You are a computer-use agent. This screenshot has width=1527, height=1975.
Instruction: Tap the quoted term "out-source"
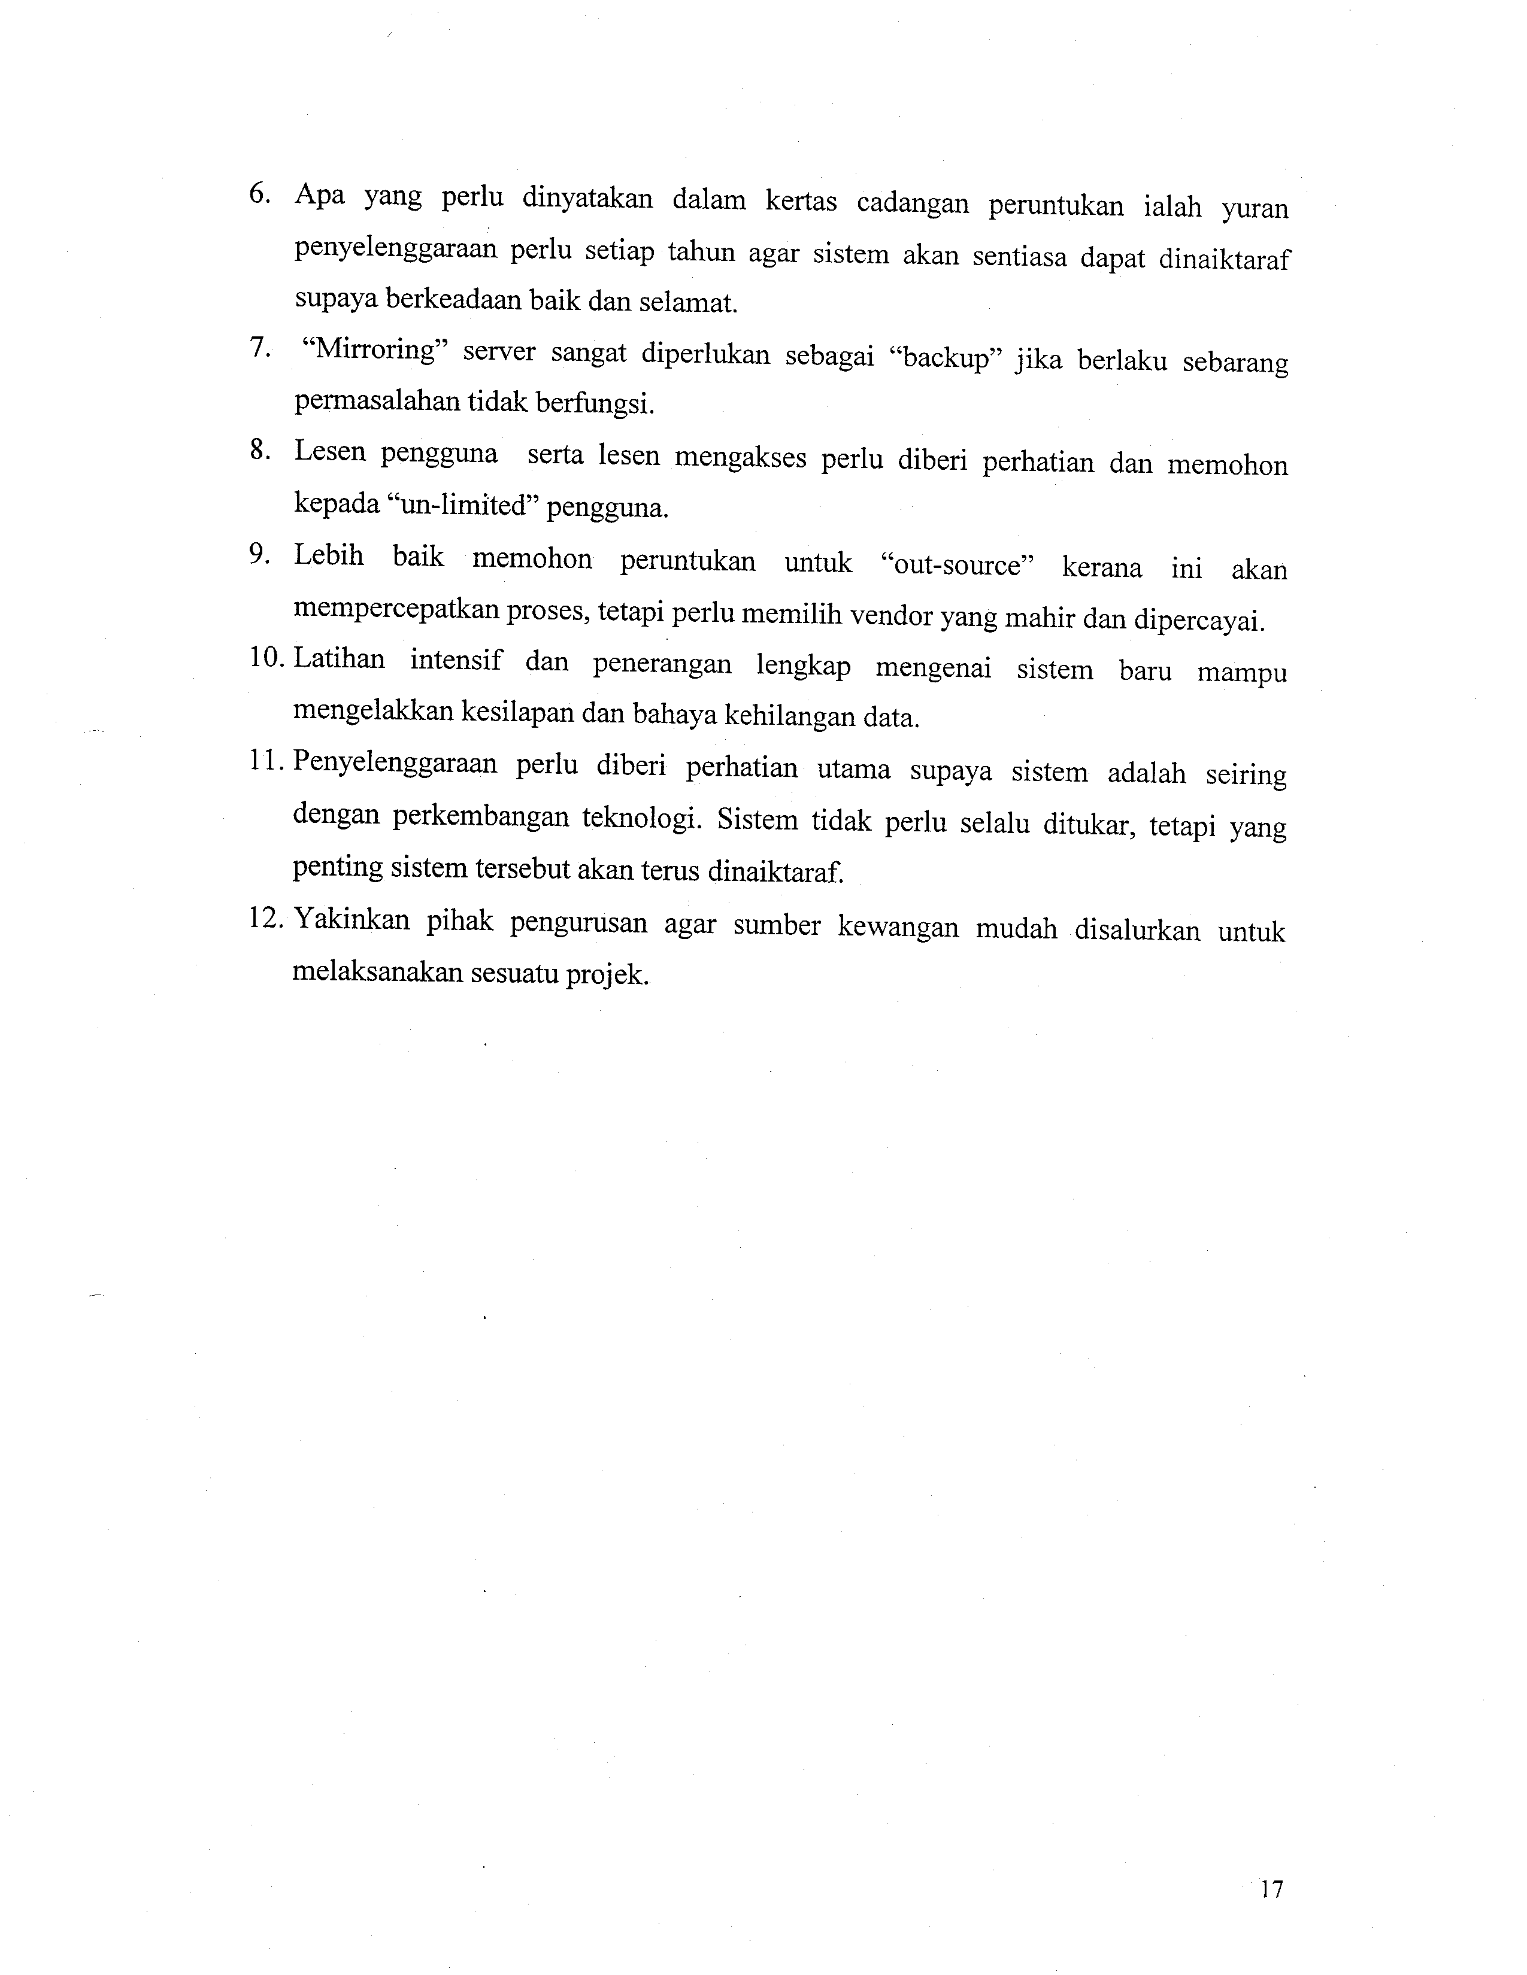pos(956,564)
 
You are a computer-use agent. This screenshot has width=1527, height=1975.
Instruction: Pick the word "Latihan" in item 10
pos(339,658)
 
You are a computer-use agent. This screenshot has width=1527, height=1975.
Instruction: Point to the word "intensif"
pos(455,661)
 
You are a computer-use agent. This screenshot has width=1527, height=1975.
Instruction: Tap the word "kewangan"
pos(898,927)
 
